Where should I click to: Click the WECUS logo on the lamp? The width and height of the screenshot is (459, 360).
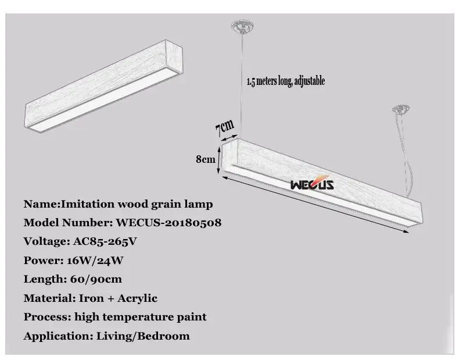(x=312, y=183)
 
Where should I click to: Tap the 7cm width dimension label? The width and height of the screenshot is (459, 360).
(x=224, y=127)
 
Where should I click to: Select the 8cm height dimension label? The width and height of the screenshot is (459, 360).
(x=206, y=159)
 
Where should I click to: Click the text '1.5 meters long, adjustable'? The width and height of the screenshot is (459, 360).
(x=286, y=81)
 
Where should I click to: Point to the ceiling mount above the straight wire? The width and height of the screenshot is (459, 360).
(x=242, y=27)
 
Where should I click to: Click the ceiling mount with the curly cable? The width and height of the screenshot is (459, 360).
(x=401, y=109)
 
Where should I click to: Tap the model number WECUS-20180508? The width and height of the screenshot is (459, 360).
(x=168, y=223)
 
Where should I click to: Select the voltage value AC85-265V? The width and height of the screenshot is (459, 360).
(x=105, y=241)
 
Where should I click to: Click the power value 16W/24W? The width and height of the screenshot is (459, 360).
(x=95, y=261)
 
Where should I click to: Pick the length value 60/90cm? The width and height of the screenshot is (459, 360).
(x=96, y=279)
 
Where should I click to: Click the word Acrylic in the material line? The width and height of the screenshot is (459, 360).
(x=137, y=298)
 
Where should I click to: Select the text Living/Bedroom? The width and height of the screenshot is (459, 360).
(x=143, y=336)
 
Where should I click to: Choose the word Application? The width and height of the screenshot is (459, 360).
(x=58, y=336)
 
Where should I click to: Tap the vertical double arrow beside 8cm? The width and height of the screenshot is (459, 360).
(x=218, y=160)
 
